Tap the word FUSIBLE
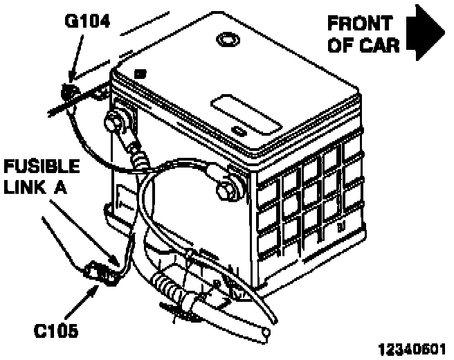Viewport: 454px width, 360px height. click(42, 167)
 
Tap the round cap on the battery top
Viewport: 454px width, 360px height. click(227, 39)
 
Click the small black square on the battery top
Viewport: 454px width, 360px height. click(141, 72)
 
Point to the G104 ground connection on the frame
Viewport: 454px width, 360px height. click(69, 91)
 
